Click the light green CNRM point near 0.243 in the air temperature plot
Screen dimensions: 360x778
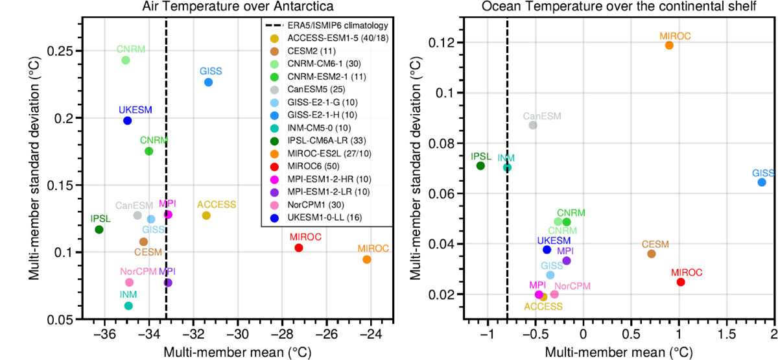coord(126,60)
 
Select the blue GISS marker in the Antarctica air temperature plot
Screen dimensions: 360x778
coord(208,82)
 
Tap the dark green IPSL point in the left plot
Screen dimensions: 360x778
coord(99,230)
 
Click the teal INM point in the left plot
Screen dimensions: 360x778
coord(128,306)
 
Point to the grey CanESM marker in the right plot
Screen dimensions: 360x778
coord(533,125)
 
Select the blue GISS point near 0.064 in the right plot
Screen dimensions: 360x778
coord(762,182)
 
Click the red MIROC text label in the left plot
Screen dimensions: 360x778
coord(298,237)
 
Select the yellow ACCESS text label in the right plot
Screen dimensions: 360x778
coord(544,306)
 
